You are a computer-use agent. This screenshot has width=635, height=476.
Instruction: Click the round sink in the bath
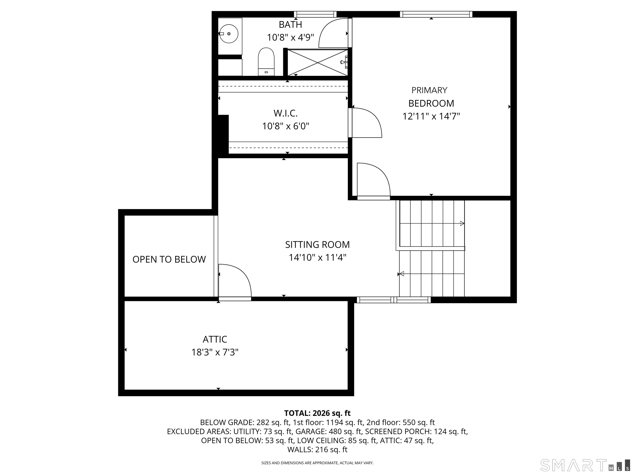(229, 34)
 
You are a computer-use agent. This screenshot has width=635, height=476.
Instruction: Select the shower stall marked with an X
(317, 63)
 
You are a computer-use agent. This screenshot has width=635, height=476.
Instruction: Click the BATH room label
(290, 25)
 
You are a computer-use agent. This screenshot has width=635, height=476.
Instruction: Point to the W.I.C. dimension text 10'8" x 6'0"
(286, 126)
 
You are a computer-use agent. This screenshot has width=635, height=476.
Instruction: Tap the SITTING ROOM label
(317, 244)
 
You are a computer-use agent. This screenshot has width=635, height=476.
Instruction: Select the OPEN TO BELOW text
(169, 259)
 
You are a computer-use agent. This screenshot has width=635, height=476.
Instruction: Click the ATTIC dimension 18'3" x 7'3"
(215, 352)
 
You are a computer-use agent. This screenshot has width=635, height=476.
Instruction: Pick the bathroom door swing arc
(333, 33)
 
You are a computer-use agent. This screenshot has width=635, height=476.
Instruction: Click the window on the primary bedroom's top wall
(436, 14)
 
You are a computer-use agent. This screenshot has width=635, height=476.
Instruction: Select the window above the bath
(315, 14)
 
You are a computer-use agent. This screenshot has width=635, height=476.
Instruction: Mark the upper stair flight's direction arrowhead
(462, 223)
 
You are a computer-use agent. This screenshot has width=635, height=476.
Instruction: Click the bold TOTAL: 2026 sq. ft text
(317, 413)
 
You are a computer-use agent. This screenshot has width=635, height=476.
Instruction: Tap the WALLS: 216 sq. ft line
(317, 450)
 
